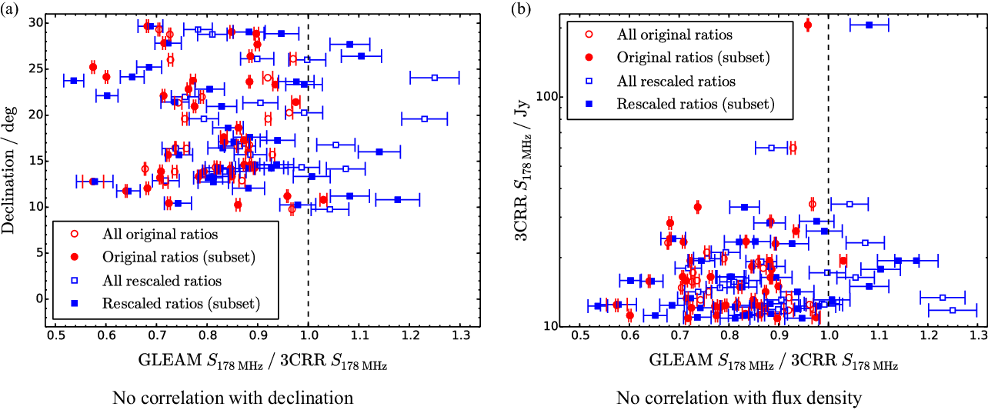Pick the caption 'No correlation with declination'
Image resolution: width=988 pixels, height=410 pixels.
(232, 398)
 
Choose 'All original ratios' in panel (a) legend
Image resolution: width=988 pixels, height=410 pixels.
(160, 234)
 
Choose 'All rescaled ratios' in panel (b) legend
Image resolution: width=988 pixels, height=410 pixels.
(676, 81)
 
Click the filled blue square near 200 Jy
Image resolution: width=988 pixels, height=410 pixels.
(869, 25)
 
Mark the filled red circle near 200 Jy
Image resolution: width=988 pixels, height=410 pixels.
(807, 25)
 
